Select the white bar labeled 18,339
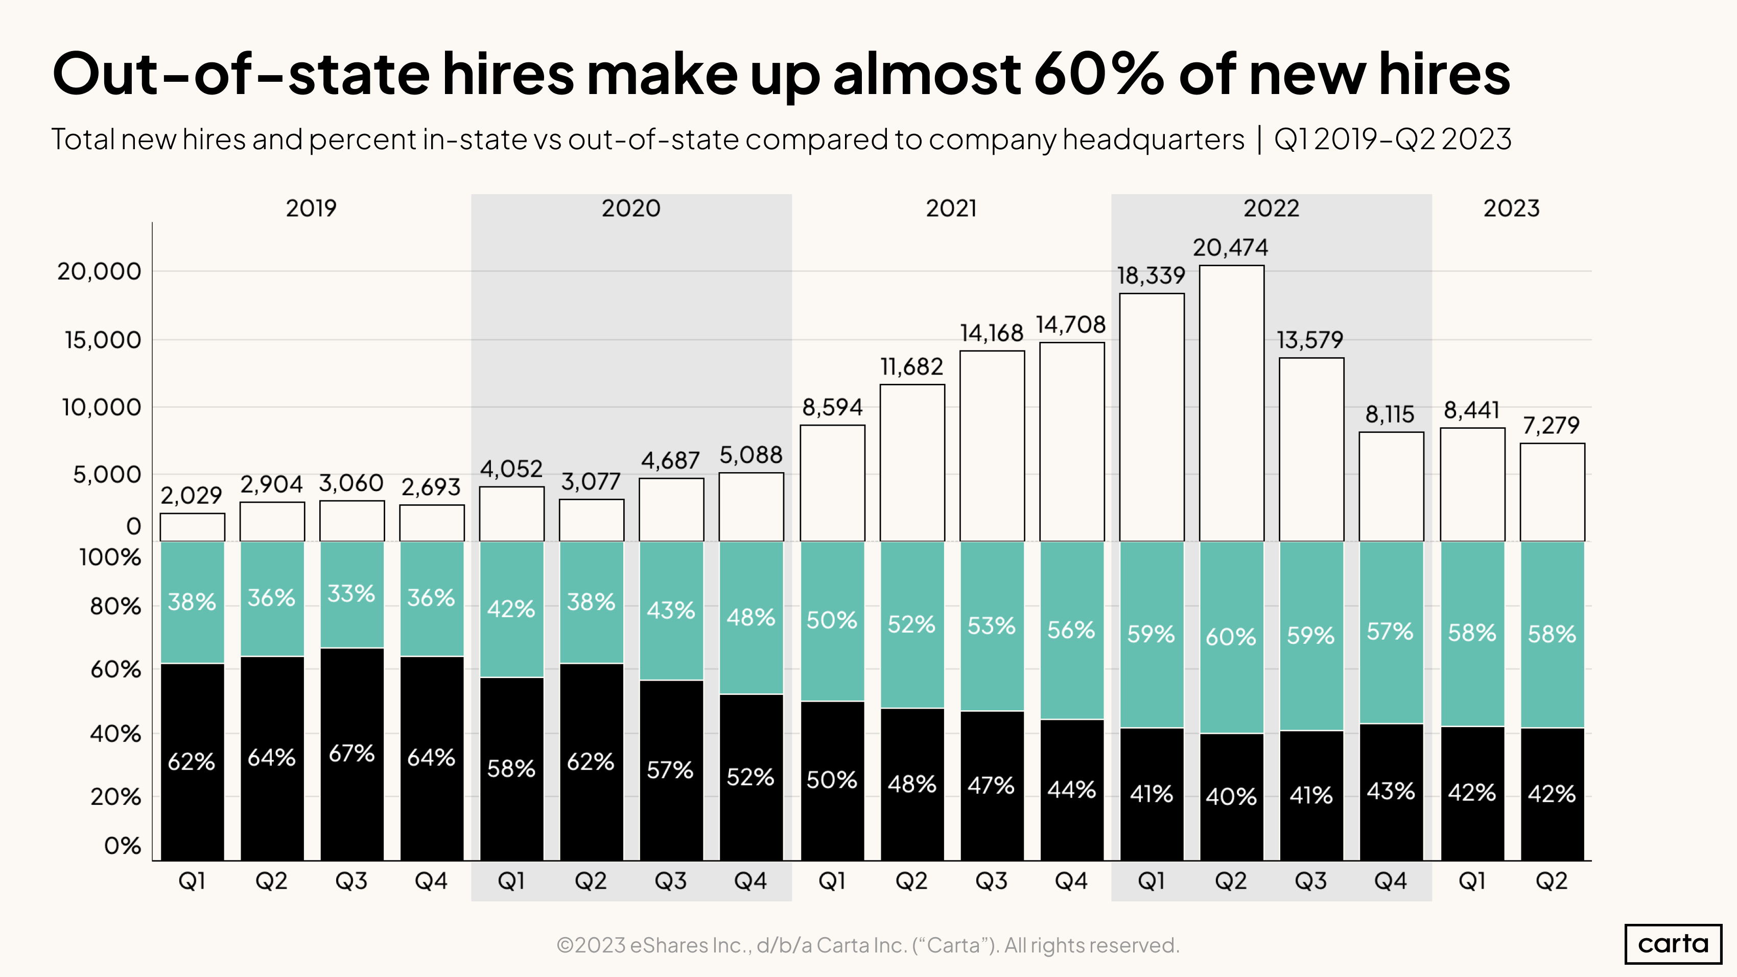coord(1151,418)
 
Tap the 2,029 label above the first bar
coord(192,496)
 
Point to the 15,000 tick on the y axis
coord(103,340)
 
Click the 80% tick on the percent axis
coord(115,606)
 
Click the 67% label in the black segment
coord(351,753)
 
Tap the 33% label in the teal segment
coord(351,593)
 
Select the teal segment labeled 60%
coord(1231,637)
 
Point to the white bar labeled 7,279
coord(1552,492)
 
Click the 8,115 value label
coord(1390,414)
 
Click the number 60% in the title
coord(1098,74)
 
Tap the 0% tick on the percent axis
coord(122,846)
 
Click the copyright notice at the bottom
coord(868,945)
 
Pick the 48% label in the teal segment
coord(750,617)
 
